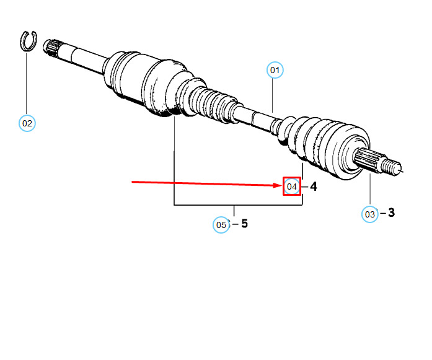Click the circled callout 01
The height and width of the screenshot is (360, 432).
click(275, 70)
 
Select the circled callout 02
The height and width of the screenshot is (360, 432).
click(27, 123)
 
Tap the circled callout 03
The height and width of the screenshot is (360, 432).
click(370, 214)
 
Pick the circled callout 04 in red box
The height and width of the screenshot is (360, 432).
click(292, 187)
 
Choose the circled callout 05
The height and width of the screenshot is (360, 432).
click(221, 225)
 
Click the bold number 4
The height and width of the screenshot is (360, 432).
click(314, 187)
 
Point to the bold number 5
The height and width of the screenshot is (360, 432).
click(244, 224)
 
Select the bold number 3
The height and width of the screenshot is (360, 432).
click(391, 213)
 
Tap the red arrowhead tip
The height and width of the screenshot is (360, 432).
click(283, 185)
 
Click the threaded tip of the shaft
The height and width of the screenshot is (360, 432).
click(391, 166)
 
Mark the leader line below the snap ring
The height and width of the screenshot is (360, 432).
click(27, 84)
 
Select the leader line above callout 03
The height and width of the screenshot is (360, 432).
click(370, 190)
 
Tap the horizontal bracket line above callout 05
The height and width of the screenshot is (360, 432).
click(239, 205)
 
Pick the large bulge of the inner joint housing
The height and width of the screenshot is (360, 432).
click(162, 88)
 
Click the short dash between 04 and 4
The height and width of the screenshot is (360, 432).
click(305, 187)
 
